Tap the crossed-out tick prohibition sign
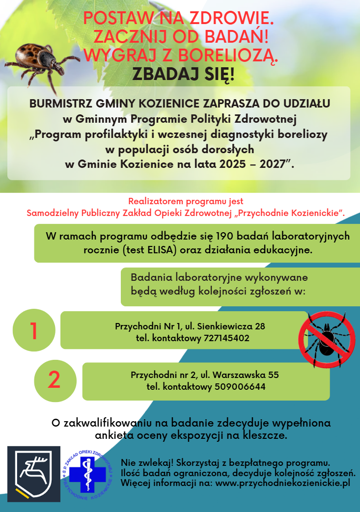pyautogui.click(x=327, y=340)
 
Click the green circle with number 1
pyautogui.click(x=34, y=330)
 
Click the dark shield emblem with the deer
pyautogui.click(x=34, y=474)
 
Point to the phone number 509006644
pyautogui.click(x=240, y=386)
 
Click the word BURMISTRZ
pyautogui.click(x=60, y=104)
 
